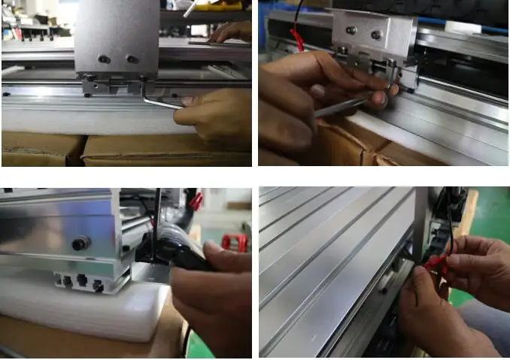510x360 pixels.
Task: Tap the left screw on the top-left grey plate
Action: click(x=105, y=59)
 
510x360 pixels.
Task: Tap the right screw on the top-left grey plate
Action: click(x=132, y=59)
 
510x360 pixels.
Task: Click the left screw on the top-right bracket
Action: click(x=350, y=30)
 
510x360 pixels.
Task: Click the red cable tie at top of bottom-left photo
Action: click(x=197, y=201)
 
